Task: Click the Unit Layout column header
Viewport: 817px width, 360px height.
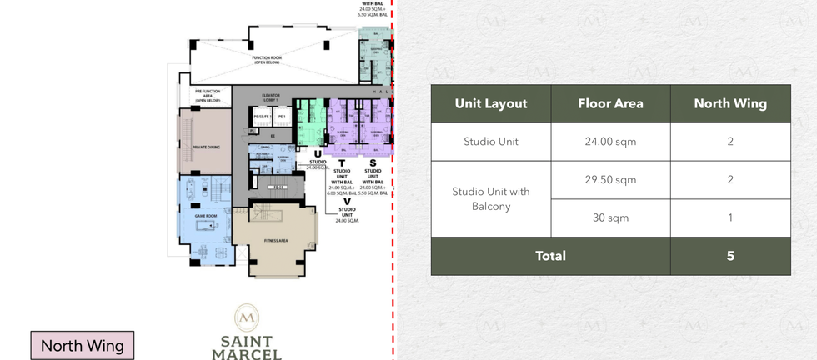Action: pos(491,104)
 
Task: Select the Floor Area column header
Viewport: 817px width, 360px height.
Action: pos(610,104)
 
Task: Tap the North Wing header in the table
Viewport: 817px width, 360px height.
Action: pos(730,104)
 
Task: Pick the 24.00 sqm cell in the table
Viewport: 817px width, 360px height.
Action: pos(610,142)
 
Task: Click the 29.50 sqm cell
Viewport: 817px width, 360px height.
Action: pos(610,180)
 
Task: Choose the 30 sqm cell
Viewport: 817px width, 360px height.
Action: pos(610,217)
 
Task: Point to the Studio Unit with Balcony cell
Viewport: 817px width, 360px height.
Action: pos(491,198)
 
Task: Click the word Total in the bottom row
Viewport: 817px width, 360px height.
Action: pos(550,256)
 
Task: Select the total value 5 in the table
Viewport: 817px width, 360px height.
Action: pos(730,256)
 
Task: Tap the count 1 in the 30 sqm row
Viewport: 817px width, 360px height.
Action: pos(730,217)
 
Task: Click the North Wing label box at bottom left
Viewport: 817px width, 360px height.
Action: pos(82,346)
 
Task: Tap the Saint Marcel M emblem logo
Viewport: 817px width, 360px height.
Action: pos(246,317)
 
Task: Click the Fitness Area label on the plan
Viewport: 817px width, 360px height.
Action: pos(276,241)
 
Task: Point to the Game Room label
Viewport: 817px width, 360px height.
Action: pos(205,215)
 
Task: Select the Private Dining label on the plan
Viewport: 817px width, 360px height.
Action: pos(206,147)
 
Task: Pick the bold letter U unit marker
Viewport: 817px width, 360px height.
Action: pos(318,154)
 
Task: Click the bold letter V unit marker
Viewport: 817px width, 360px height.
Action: pos(347,201)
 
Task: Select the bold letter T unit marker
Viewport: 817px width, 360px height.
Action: pos(342,162)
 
